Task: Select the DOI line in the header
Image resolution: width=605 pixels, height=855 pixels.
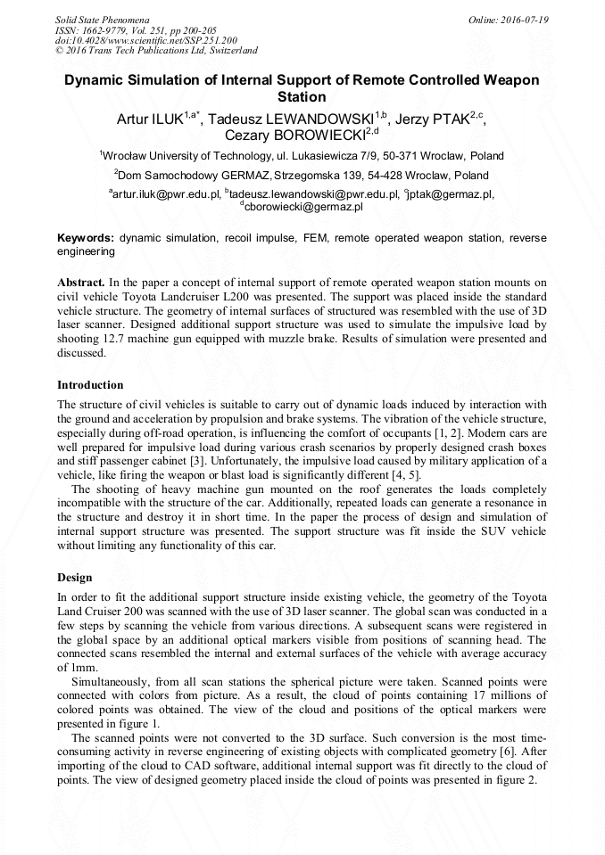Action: point(145,40)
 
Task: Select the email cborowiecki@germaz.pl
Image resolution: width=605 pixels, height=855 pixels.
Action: point(303,206)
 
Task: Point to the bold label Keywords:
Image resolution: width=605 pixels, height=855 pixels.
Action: point(86,239)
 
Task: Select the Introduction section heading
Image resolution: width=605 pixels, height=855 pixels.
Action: point(90,385)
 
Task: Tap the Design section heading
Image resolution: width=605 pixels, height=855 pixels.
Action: point(75,577)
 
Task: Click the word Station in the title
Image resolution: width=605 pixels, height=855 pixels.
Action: point(302,96)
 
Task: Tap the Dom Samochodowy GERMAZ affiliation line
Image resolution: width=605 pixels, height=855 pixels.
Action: point(302,176)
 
